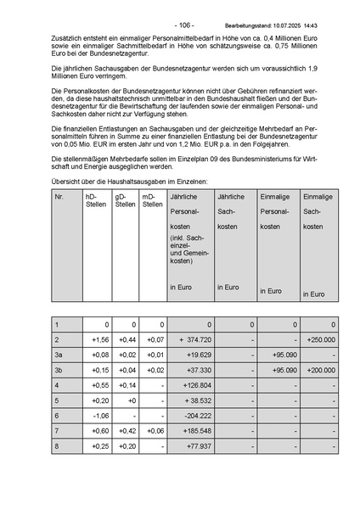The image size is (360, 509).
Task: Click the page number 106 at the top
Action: [184, 26]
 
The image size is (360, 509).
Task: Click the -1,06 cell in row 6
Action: [100, 416]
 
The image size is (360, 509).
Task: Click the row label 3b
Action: [59, 370]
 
